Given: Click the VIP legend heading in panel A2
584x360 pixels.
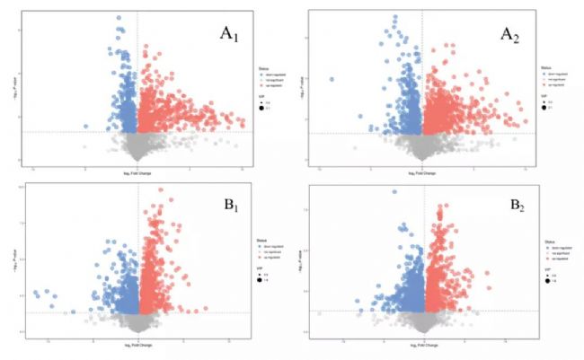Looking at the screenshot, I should click(545, 94).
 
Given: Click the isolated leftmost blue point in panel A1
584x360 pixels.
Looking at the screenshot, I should click(86, 127).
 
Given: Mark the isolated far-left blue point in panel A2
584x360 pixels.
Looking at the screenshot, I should click(332, 79).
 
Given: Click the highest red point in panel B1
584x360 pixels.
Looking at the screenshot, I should click(161, 189).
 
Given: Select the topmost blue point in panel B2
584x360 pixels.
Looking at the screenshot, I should click(394, 191).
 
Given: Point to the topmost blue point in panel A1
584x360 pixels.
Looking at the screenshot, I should click(118, 17).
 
